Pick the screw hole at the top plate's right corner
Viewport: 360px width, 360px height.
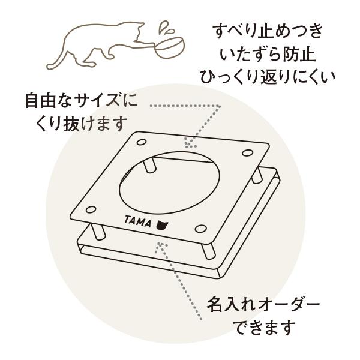click(247, 152)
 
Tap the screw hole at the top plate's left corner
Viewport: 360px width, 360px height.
click(91, 209)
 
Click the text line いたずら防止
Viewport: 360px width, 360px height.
click(268, 55)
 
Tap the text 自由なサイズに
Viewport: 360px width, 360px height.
click(81, 100)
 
